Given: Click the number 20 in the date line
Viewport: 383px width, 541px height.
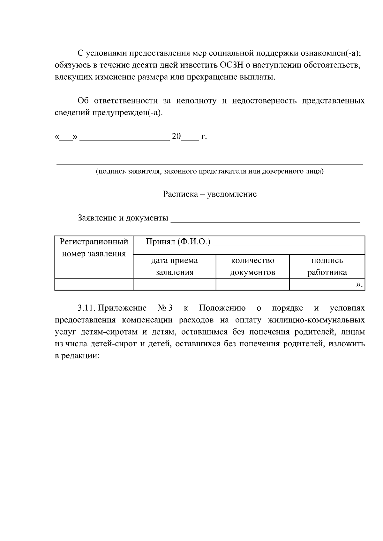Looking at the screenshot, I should coord(176,137).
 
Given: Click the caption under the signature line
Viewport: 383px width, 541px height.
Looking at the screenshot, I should coord(210,171).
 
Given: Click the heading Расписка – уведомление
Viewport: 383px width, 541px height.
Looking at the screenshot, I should coord(210,194).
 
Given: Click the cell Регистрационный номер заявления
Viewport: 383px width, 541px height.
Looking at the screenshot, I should coord(94,248).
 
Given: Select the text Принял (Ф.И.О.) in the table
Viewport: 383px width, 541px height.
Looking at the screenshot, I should coord(178,242).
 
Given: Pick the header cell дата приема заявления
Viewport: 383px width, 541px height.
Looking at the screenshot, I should coord(174,266).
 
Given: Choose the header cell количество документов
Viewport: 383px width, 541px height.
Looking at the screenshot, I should coord(252,266).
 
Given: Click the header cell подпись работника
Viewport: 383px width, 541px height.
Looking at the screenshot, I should coord(327,266).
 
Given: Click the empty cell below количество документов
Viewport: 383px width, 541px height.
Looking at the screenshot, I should coord(252,284).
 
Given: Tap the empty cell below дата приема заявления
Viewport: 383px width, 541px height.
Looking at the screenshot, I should coord(174,284).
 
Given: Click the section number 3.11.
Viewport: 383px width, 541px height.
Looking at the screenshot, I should coord(86,308).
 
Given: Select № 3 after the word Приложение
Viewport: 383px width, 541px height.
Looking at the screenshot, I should coord(165,308).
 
